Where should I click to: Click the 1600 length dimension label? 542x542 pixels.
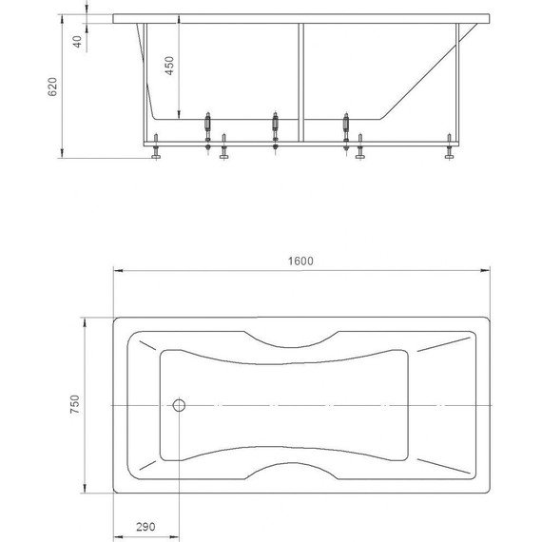(300, 261)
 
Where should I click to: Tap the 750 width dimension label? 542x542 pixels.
(75, 404)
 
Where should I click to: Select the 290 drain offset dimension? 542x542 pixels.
(145, 527)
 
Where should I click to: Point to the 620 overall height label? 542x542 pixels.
(52, 87)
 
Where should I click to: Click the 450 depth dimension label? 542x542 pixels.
(169, 66)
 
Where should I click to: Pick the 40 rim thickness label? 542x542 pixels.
(77, 42)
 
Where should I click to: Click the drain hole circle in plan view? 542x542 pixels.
(179, 405)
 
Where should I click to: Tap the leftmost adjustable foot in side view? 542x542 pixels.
(156, 146)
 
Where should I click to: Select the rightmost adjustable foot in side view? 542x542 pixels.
(449, 146)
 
